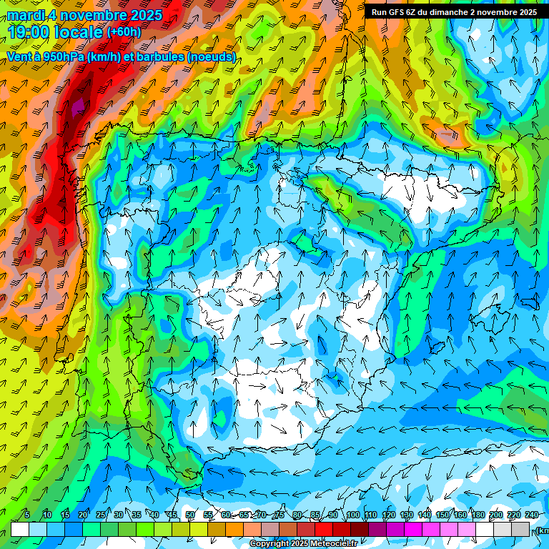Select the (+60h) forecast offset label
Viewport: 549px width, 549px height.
[x=124, y=31]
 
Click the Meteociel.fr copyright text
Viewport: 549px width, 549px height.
[x=303, y=544]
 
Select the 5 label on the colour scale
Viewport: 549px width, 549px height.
[x=27, y=515]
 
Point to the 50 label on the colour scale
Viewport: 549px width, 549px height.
[x=189, y=515]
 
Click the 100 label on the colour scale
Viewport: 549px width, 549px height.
[x=352, y=515]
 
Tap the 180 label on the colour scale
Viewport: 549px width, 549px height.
[x=478, y=515]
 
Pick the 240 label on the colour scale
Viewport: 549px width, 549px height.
[x=531, y=515]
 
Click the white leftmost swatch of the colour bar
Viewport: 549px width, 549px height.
[x=20, y=528]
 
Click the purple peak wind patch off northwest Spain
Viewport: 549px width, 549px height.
[x=76, y=107]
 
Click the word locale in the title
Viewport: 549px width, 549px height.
[x=78, y=32]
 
